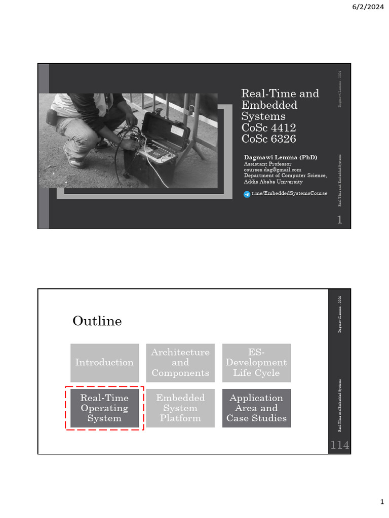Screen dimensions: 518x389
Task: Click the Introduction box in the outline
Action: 104,362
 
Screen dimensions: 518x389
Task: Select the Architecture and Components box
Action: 180,362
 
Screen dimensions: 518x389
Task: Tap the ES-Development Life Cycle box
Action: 256,362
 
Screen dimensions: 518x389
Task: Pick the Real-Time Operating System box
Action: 104,408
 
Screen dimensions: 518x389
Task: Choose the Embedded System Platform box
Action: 180,408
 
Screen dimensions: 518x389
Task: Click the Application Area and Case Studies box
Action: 256,408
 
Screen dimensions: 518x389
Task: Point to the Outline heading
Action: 97,321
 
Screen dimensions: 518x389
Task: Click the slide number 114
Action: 339,446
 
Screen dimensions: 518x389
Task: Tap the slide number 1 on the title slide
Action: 340,220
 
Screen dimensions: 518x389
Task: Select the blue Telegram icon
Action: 247,194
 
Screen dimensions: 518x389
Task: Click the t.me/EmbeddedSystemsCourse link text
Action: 289,194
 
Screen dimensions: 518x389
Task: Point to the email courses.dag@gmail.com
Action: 273,170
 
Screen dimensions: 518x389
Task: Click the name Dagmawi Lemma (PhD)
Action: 281,157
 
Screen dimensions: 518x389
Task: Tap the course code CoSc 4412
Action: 268,127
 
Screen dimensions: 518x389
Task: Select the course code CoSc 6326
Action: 268,139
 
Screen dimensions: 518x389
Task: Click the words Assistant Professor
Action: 268,164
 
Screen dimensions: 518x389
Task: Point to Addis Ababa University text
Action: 274,182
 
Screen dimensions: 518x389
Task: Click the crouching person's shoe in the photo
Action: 74,161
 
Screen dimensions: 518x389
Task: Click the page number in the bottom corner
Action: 382,501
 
